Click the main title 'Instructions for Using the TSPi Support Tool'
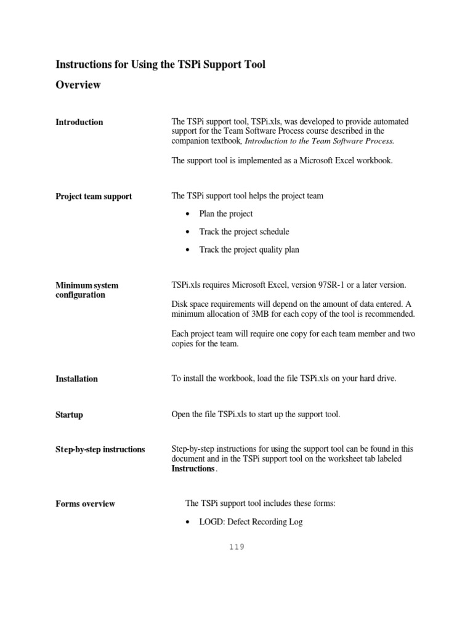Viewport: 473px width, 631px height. tap(161, 64)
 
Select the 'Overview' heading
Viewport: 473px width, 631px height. tap(78, 85)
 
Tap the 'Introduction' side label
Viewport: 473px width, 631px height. tap(79, 122)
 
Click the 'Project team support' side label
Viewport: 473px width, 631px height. tap(94, 197)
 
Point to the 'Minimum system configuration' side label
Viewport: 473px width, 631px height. tap(87, 290)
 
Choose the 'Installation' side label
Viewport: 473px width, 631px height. tap(76, 379)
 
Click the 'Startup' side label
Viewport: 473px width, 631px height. tap(69, 415)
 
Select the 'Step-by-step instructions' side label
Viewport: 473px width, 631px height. tap(100, 450)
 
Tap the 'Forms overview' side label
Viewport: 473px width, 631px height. tap(85, 504)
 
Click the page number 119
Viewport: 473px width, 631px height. tap(236, 547)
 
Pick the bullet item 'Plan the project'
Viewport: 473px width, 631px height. tap(226, 214)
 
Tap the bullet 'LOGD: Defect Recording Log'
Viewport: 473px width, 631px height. tap(251, 522)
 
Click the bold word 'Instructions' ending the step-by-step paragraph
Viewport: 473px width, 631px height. tap(193, 468)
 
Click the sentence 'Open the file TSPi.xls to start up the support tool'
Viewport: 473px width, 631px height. tap(256, 414)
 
